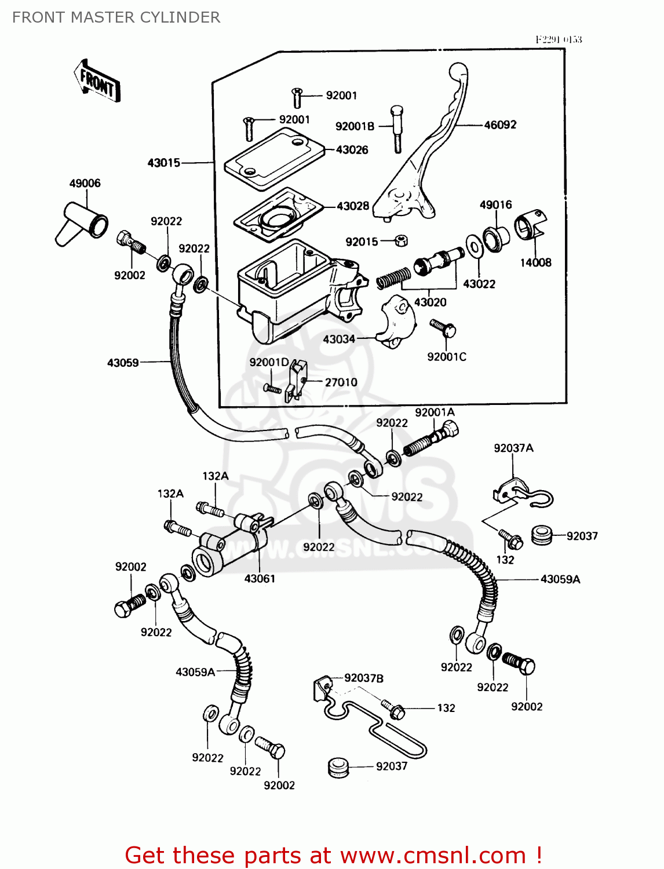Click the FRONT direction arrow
tap(97, 82)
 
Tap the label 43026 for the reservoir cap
tap(352, 149)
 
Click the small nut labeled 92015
tap(400, 240)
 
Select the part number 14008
tap(535, 262)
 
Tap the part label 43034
tap(338, 339)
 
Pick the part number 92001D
tap(269, 362)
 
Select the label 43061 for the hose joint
tap(260, 578)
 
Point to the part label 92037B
tap(363, 678)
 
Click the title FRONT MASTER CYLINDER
tap(116, 17)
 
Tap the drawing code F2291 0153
tap(558, 39)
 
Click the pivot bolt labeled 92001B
tap(397, 130)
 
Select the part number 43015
tap(164, 163)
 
